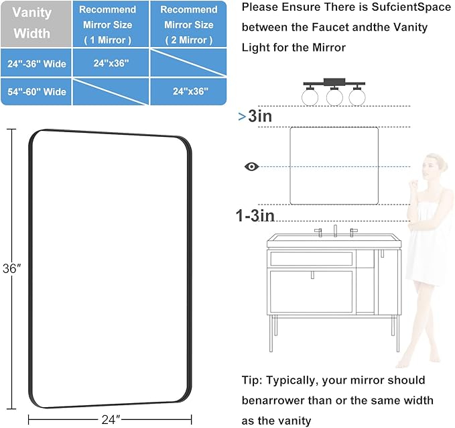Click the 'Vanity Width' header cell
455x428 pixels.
(x=32, y=23)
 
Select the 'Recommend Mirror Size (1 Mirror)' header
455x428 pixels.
(x=108, y=25)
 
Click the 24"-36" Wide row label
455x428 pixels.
(x=38, y=64)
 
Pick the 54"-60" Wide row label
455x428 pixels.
(x=38, y=91)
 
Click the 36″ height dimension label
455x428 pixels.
(x=13, y=268)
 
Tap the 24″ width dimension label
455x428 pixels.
(x=108, y=419)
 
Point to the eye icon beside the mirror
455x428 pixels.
(x=251, y=166)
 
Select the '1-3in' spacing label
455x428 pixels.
(x=255, y=215)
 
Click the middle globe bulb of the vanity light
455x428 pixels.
(x=334, y=97)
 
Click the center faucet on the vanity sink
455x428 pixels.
(x=335, y=230)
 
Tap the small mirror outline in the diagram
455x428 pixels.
(x=334, y=165)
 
